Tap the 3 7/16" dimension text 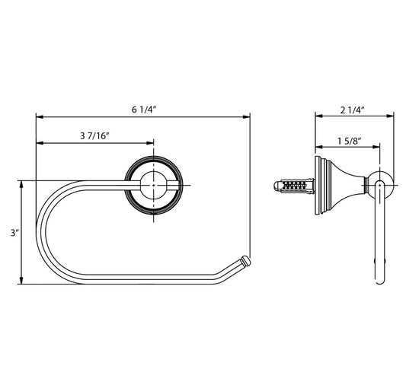pyautogui.click(x=94, y=135)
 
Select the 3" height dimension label pyautogui.click(x=15, y=233)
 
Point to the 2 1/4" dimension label pyautogui.click(x=353, y=110)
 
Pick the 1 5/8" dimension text pyautogui.click(x=350, y=142)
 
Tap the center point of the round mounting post pyautogui.click(x=154, y=185)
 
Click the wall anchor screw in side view pyautogui.click(x=294, y=186)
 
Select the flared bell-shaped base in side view pyautogui.click(x=340, y=185)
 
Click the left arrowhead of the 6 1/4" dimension pyautogui.click(x=40, y=117)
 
